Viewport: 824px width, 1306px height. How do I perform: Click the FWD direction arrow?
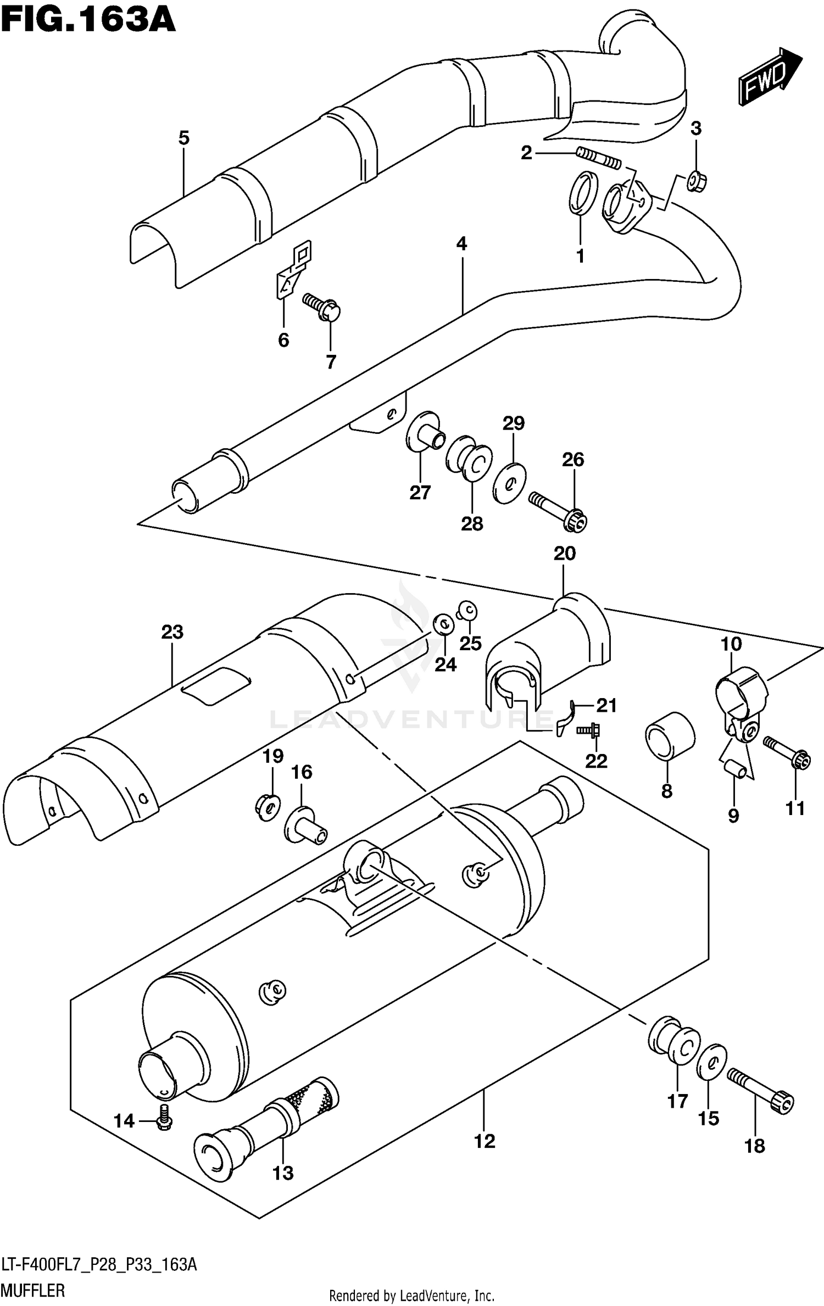tap(770, 77)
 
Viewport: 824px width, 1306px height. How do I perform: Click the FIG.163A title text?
tap(88, 22)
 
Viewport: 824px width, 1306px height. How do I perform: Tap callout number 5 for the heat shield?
tap(183, 138)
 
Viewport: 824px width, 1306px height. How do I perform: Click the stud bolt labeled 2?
tap(599, 159)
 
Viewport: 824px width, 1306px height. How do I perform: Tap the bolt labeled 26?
tap(558, 510)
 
